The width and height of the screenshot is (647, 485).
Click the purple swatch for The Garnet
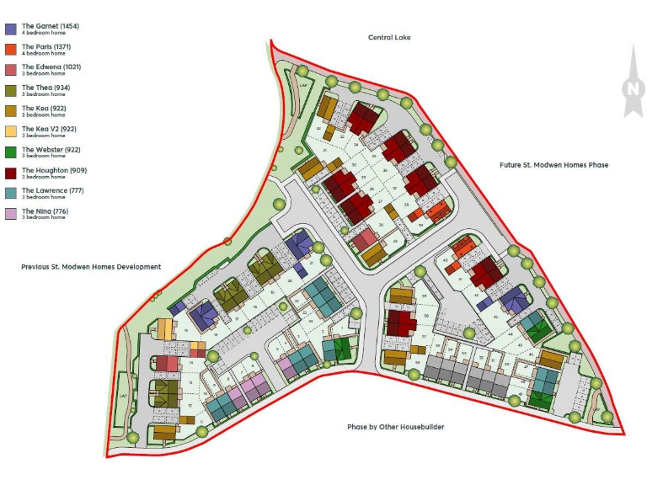11,29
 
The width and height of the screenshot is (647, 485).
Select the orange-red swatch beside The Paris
11,49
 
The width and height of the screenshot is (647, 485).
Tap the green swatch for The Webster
11,152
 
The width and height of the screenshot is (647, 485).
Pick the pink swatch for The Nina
11,213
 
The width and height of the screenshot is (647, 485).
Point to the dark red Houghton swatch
11,173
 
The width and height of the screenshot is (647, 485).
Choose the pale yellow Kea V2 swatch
11,131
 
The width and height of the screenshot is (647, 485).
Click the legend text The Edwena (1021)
51,67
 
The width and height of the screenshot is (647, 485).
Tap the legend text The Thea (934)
45,88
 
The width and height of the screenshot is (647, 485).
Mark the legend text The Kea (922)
44,108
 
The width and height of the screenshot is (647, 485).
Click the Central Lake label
389,37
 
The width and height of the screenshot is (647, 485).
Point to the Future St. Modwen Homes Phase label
553,165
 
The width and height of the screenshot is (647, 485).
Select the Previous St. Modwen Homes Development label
91,267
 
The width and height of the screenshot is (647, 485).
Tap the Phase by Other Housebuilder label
396,427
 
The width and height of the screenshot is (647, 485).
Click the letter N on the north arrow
631,88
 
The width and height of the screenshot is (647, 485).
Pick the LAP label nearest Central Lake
304,85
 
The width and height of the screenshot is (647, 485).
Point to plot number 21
312,264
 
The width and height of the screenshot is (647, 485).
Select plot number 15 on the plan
185,332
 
